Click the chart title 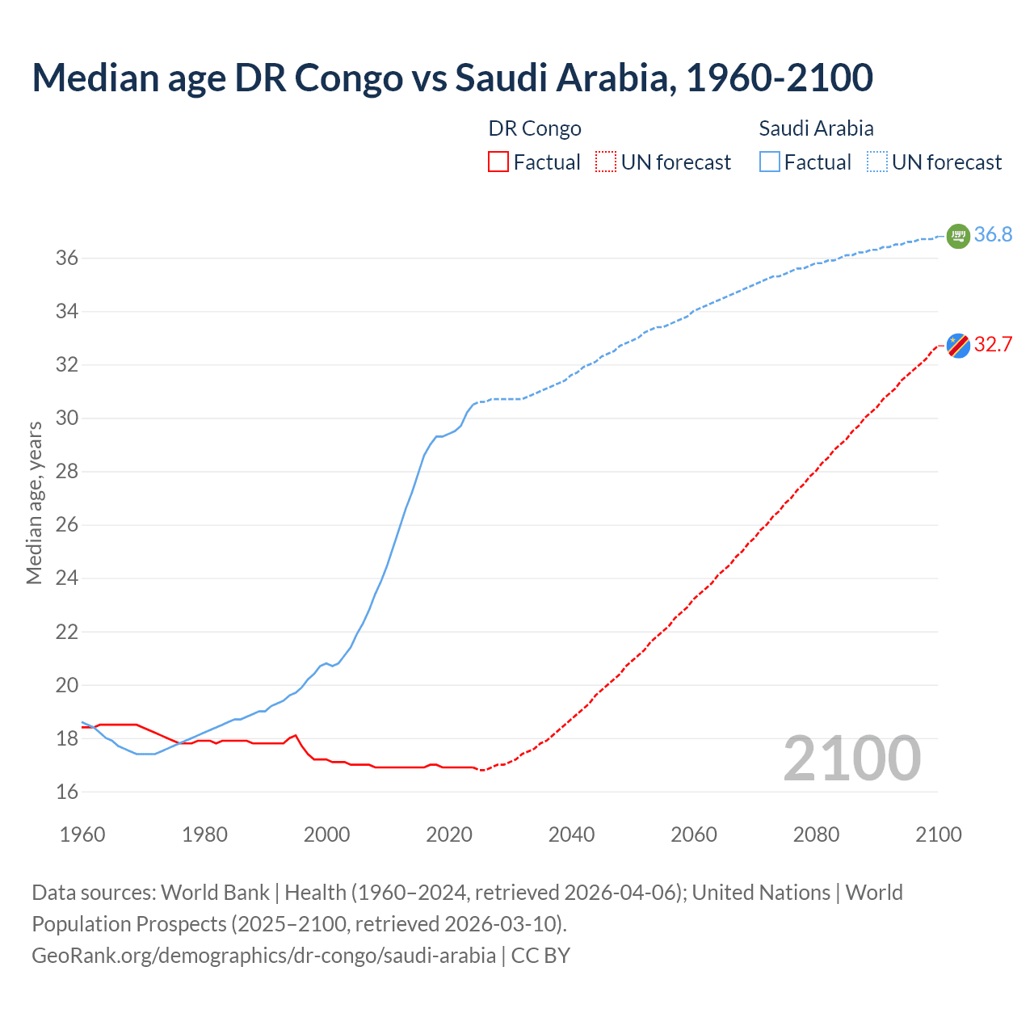pos(452,78)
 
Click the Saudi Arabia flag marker pos(958,236)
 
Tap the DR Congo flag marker pos(958,346)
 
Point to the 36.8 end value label pos(993,235)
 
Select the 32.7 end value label pos(993,345)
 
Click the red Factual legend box pos(498,162)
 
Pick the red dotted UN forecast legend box pos(606,162)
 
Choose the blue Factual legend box pos(770,162)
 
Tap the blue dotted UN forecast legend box pos(877,162)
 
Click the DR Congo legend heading pos(535,128)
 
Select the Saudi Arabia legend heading pos(816,128)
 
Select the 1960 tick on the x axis pos(82,834)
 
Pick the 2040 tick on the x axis pos(571,834)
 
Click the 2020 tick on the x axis pos(449,834)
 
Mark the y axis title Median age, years pos(34,502)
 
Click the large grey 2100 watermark pos(851,759)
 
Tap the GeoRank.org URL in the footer pos(263,956)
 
